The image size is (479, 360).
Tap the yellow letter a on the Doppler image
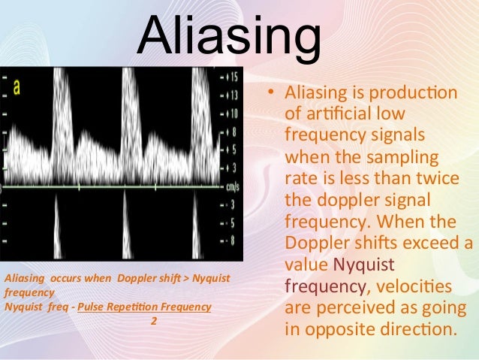click(x=17, y=86)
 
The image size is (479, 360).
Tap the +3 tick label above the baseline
click(x=230, y=167)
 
